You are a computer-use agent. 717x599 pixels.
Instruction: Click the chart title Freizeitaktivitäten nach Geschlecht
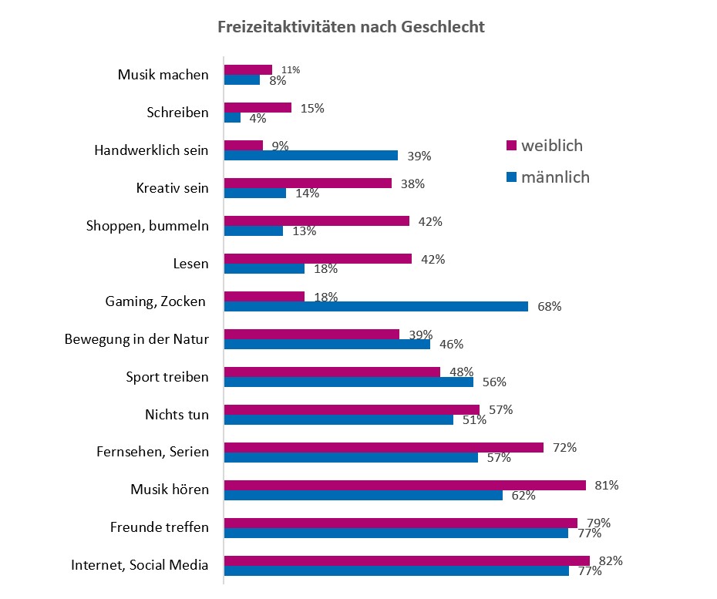pos(351,27)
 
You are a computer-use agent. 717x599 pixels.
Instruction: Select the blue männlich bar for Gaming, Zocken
pos(375,306)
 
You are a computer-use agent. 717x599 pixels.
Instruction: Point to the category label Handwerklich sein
pos(151,150)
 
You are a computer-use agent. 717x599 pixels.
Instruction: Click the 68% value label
pos(550,307)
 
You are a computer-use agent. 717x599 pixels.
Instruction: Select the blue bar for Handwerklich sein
pos(311,155)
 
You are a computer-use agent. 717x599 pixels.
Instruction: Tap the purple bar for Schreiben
pos(258,108)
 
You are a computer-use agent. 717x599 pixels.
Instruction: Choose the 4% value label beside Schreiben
pos(257,119)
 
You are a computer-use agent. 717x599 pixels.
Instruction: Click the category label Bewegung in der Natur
pos(136,338)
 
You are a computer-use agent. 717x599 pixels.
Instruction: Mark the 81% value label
pos(607,485)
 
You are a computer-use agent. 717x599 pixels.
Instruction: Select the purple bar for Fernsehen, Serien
pos(383,447)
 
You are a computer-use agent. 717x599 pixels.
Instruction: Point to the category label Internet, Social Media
pos(140,565)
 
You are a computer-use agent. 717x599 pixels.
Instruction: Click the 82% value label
pos(611,560)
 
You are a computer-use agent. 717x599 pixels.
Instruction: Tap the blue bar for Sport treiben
pos(348,382)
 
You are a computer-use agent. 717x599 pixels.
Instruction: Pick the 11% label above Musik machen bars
pos(291,70)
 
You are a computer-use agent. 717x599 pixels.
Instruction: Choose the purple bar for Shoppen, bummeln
pos(316,221)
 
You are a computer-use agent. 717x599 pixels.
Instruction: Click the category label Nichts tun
pos(177,414)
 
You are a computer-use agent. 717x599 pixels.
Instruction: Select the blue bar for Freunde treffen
pos(396,533)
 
